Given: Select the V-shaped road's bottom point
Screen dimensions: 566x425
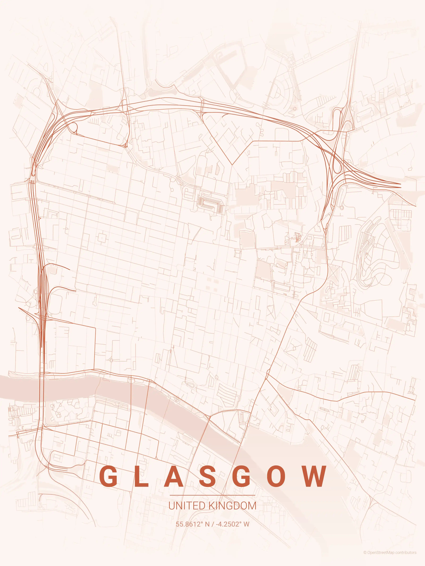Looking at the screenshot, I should [232, 164].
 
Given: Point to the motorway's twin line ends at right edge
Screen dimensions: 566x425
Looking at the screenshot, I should [400, 185].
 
